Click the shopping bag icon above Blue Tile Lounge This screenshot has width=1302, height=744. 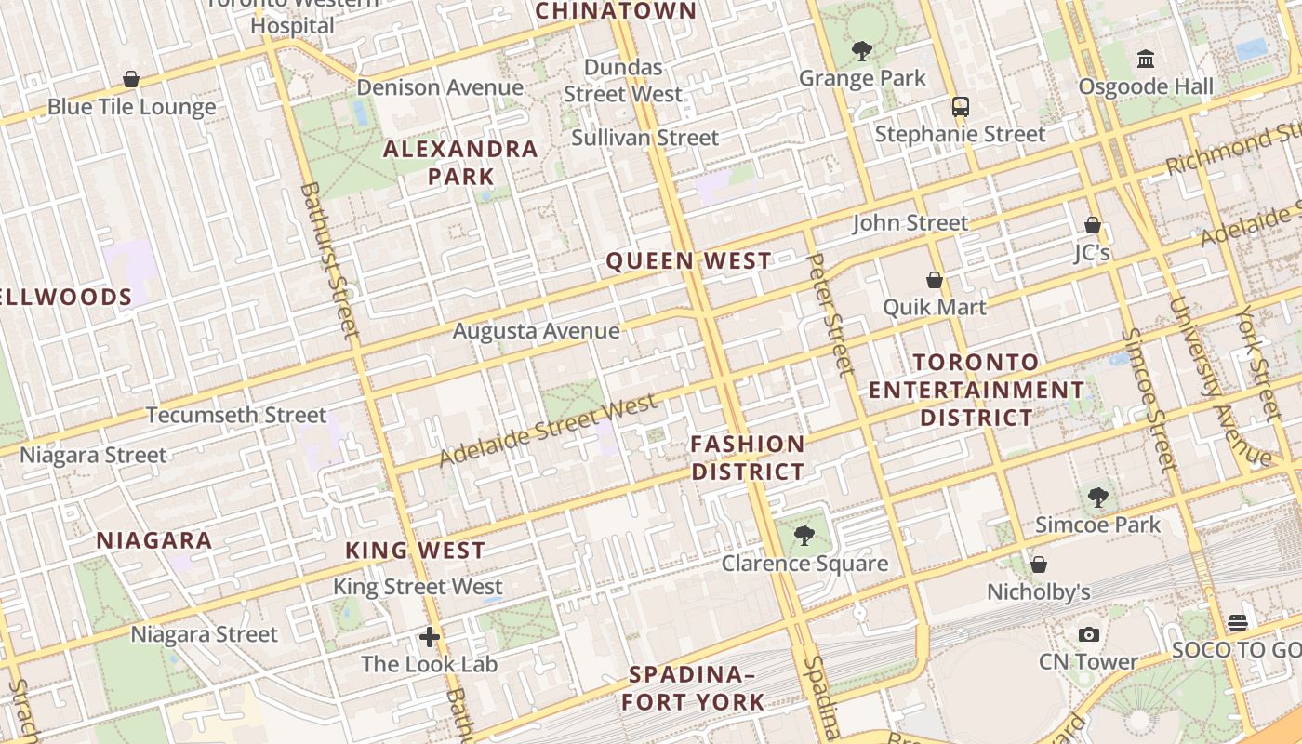131,80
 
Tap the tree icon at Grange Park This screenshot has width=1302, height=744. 862,50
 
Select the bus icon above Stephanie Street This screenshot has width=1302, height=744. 961,107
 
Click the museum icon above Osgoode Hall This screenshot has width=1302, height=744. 1146,60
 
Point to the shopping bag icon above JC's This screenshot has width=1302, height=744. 1092,225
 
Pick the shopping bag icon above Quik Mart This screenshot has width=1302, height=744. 935,280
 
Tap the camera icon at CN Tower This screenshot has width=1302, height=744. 1088,635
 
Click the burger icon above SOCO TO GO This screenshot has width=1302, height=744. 1237,622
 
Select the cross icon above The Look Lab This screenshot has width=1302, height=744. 429,637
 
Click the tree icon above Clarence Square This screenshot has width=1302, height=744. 804,536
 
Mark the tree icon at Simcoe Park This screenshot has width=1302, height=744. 1098,497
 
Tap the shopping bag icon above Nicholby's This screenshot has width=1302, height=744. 1039,565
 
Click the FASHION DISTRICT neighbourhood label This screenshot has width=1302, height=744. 748,458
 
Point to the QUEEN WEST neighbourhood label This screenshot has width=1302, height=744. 689,261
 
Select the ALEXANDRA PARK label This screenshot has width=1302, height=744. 461,162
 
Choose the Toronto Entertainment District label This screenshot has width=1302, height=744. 976,390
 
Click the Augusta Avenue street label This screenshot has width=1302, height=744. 537,331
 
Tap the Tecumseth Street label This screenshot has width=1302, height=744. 236,415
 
